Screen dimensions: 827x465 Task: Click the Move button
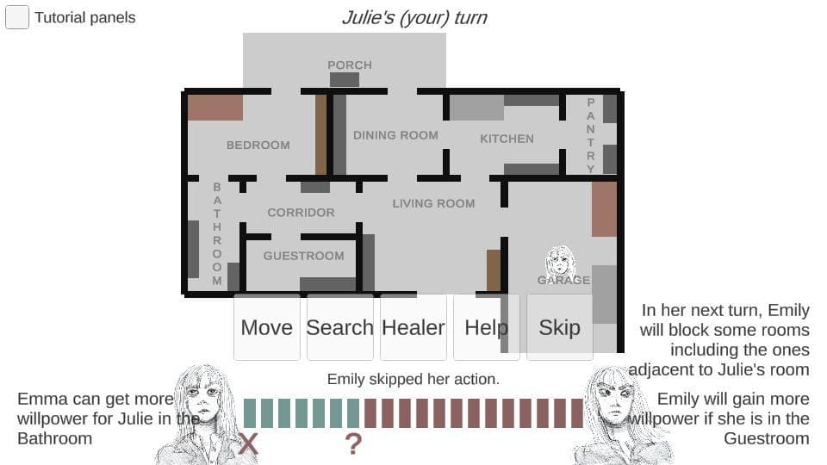coord(267,327)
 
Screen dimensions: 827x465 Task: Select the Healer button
coord(413,327)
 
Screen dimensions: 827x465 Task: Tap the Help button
coord(486,327)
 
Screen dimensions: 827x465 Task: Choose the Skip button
coord(560,327)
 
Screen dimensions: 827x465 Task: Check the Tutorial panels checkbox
coord(17,17)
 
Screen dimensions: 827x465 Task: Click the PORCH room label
coord(350,65)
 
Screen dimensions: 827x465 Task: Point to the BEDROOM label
coord(258,145)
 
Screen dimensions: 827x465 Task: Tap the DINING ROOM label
coord(395,135)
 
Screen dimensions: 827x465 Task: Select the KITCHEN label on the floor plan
coord(507,139)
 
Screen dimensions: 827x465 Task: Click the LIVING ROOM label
coord(433,203)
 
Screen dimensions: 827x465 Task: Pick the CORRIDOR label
coord(302,213)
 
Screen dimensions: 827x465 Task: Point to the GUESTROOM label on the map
coord(304,256)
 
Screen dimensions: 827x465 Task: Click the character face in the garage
coord(560,260)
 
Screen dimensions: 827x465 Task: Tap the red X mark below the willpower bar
coord(248,443)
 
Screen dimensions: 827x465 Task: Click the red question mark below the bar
coord(353,444)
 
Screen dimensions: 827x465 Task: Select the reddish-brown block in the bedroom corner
coord(215,108)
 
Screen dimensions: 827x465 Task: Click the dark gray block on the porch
coord(345,79)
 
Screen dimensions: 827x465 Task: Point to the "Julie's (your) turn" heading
coord(414,17)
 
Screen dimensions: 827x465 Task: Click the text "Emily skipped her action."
coord(413,379)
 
